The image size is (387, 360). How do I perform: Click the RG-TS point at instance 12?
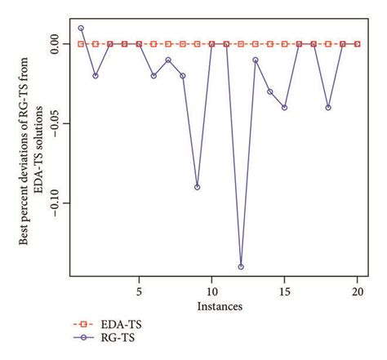[x=241, y=267]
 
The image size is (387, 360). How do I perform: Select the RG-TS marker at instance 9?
[x=197, y=187]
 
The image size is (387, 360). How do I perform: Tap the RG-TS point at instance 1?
[x=81, y=28]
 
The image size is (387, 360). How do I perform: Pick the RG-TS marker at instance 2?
[x=96, y=76]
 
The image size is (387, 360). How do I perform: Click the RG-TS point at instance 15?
[x=285, y=107]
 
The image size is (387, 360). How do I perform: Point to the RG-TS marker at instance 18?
[x=328, y=107]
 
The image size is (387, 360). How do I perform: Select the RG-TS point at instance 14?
[x=270, y=91]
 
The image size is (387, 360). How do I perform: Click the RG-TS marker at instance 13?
[x=256, y=60]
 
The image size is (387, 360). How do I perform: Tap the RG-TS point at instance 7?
[x=168, y=60]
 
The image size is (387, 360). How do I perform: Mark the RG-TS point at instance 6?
[x=153, y=76]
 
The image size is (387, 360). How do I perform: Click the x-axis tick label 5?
[x=139, y=291]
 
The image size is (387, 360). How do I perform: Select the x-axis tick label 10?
[x=211, y=291]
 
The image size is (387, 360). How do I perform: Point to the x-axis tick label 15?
[x=285, y=291]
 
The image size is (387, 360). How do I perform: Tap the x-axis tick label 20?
[x=357, y=291]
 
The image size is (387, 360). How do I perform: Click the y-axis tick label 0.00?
[x=51, y=44]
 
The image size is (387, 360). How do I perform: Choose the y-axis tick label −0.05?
[x=51, y=123]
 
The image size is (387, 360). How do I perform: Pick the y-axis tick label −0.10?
[x=51, y=203]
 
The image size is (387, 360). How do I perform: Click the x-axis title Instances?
[x=219, y=306]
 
